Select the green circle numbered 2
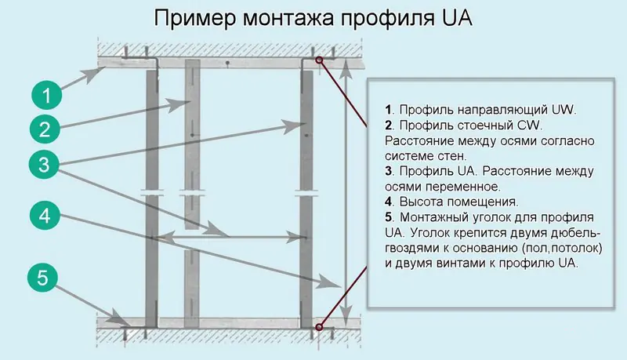pyautogui.click(x=47, y=129)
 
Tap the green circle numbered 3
pyautogui.click(x=47, y=164)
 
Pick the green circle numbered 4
pyautogui.click(x=47, y=216)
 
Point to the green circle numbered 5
pyautogui.click(x=47, y=278)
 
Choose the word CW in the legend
pyautogui.click(x=527, y=125)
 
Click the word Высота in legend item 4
pyautogui.click(x=422, y=202)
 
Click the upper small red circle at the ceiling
pyautogui.click(x=319, y=60)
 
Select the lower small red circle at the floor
pyautogui.click(x=319, y=326)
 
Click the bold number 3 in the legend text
pyautogui.click(x=388, y=171)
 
